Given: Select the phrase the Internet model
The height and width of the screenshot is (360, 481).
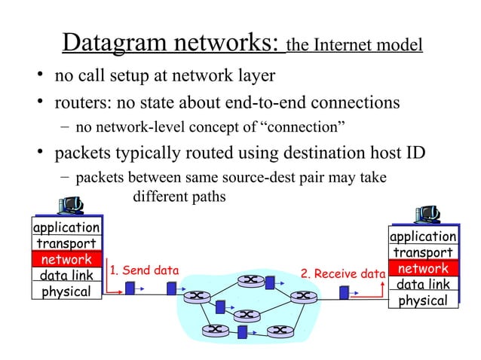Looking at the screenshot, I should (x=354, y=46).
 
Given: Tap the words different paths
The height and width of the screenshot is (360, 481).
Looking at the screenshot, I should (x=179, y=197).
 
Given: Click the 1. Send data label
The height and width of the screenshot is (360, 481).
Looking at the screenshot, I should (x=144, y=270).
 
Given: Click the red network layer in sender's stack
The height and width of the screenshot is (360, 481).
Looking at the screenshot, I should (x=66, y=260).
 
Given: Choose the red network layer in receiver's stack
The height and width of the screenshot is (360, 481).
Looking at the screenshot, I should (x=423, y=269).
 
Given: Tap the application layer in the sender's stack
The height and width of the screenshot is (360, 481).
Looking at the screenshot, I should (x=66, y=227).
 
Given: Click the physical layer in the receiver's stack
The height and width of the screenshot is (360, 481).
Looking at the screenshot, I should (x=423, y=301).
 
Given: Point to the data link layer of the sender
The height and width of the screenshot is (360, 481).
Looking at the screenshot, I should (x=66, y=276).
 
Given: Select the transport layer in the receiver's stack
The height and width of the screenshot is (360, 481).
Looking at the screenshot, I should (x=423, y=253).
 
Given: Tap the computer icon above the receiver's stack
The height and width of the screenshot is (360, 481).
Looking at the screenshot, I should (x=427, y=214).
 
